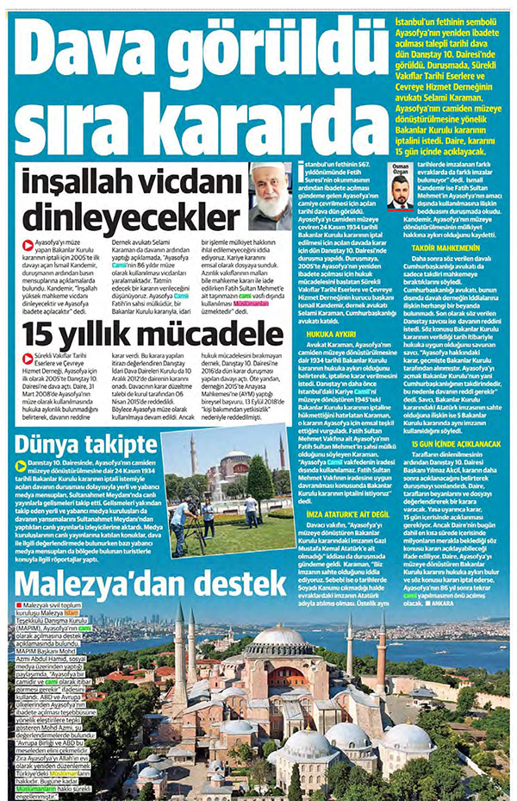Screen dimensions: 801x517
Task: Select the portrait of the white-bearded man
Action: pos(269,196)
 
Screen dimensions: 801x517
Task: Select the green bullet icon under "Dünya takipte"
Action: pos(22,466)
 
